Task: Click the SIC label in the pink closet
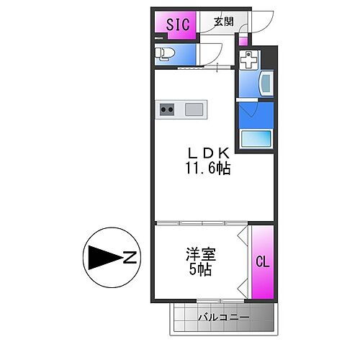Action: [x=178, y=24]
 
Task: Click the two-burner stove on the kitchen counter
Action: [x=167, y=109]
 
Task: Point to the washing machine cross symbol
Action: [x=248, y=60]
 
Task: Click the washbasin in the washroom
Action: [x=264, y=85]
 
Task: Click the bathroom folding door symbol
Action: [x=248, y=109]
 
